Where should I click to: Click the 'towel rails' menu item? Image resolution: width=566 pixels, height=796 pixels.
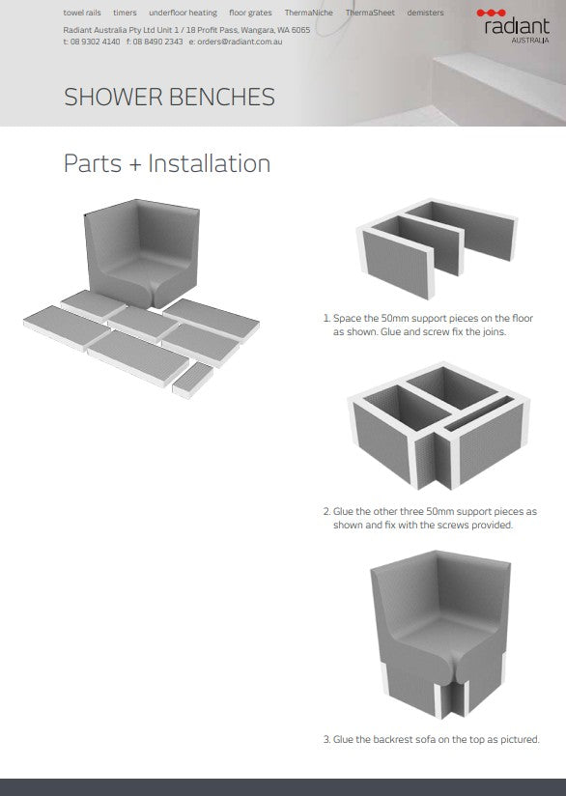coord(82,13)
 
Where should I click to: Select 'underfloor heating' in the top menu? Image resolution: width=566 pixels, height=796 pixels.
coord(183,13)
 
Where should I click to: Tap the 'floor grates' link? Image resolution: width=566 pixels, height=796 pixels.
coord(250,13)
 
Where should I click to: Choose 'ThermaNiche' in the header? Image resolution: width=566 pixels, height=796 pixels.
coord(309,13)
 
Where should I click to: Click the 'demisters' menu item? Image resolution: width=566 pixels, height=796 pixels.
coord(425,13)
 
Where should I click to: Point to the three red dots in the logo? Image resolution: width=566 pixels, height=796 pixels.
coord(491,13)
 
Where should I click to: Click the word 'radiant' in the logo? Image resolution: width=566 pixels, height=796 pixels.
coord(517,26)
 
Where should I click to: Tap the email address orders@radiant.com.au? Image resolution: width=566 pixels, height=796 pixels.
coord(240,42)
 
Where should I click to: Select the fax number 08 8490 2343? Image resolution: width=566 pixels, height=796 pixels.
coord(157,42)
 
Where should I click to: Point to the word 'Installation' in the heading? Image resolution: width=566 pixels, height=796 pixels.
coord(210,163)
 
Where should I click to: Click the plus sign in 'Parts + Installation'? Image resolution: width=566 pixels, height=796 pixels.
coord(134,165)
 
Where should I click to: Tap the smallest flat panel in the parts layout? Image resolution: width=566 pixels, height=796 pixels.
coord(192,380)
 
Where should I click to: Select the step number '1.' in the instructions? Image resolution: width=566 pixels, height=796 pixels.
coord(326,318)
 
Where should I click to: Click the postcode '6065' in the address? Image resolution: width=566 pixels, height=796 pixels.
coord(300,30)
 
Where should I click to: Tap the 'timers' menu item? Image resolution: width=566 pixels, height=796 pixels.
coord(125,13)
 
